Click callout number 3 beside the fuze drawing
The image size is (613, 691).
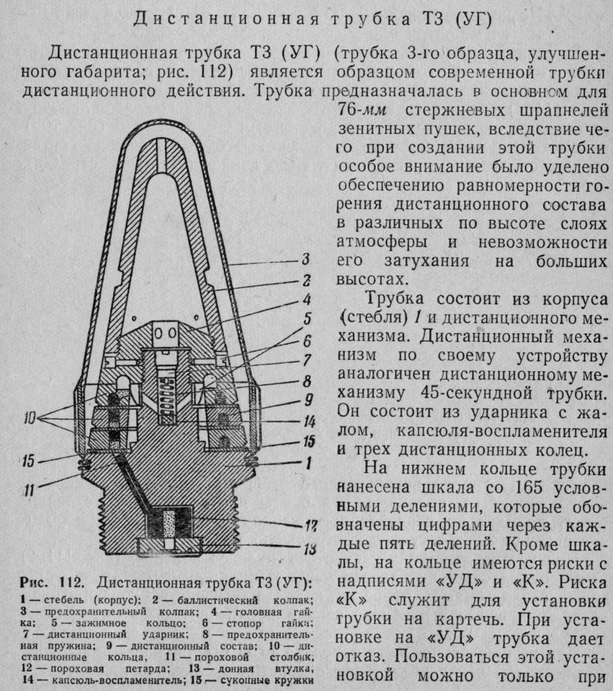pos(306,259)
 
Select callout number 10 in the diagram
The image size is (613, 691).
pos(29,418)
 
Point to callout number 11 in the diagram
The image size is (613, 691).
pos(29,490)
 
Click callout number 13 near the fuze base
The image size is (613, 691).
pos(310,549)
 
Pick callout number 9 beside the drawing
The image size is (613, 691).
pos(309,400)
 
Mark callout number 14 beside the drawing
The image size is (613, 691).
pos(309,422)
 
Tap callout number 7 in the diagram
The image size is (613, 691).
pos(307,360)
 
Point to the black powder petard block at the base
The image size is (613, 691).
pos(169,522)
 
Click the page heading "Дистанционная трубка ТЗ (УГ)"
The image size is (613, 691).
pos(312,20)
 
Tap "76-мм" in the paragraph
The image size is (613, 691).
pos(361,110)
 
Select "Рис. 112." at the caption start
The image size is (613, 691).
pos(51,583)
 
